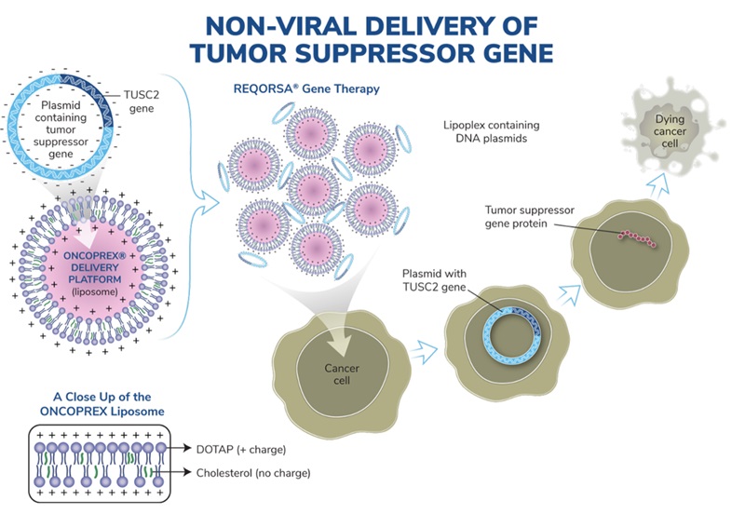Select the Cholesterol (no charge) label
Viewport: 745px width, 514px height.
click(251, 472)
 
